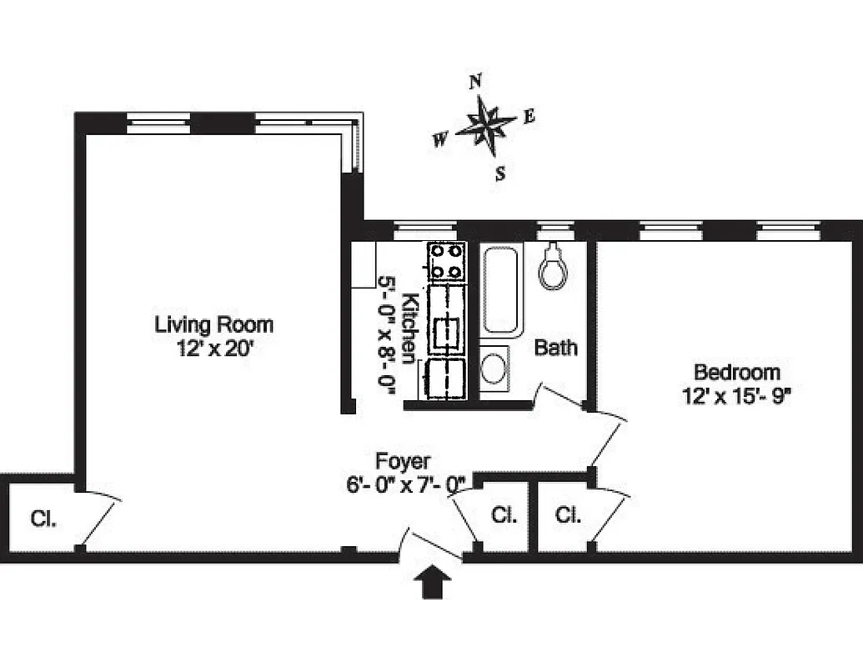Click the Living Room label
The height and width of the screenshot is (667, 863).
213,323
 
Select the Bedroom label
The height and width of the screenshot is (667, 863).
736,372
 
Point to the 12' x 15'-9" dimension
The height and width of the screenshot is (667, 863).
736,396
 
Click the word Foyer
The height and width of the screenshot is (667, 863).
403,460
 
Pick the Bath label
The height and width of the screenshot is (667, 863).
555,348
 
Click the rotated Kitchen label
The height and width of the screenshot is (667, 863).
409,328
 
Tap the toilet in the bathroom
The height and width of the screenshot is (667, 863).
552,267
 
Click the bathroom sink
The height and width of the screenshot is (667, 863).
495,367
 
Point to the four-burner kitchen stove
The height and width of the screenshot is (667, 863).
447,261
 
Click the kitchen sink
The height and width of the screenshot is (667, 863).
447,333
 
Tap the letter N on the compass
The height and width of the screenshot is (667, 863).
476,81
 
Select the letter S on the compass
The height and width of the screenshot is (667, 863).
500,173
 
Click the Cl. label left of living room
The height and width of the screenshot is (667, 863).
43,519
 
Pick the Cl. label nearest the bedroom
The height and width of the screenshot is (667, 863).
568,515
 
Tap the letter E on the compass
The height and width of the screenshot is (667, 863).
529,117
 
